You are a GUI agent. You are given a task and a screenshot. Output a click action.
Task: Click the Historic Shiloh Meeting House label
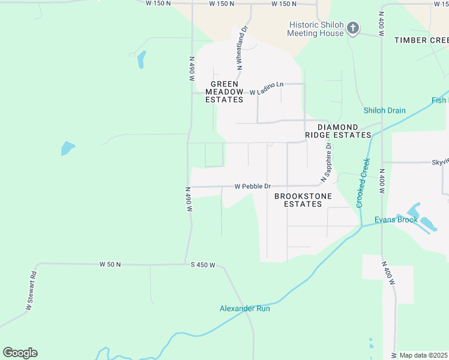(x=316, y=29)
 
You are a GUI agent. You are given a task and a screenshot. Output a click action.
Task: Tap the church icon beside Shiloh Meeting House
(x=353, y=28)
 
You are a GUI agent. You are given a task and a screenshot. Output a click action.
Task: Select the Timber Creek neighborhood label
(x=421, y=40)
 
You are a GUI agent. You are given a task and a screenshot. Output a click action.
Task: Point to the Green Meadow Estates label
(x=224, y=92)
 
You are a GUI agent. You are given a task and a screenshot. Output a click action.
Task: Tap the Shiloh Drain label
(x=384, y=110)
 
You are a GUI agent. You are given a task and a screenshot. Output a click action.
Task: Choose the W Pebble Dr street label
(x=253, y=186)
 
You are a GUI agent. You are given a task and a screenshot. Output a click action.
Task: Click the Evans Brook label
(x=396, y=220)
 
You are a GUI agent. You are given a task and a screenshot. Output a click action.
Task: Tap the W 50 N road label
(x=110, y=264)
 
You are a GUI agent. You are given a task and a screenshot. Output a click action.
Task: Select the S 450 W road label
(x=203, y=265)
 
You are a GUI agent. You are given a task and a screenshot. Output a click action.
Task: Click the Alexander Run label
(x=244, y=308)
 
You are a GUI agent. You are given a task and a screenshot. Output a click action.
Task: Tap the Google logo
(x=20, y=353)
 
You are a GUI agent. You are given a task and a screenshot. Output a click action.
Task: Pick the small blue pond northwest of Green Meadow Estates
(x=141, y=59)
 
